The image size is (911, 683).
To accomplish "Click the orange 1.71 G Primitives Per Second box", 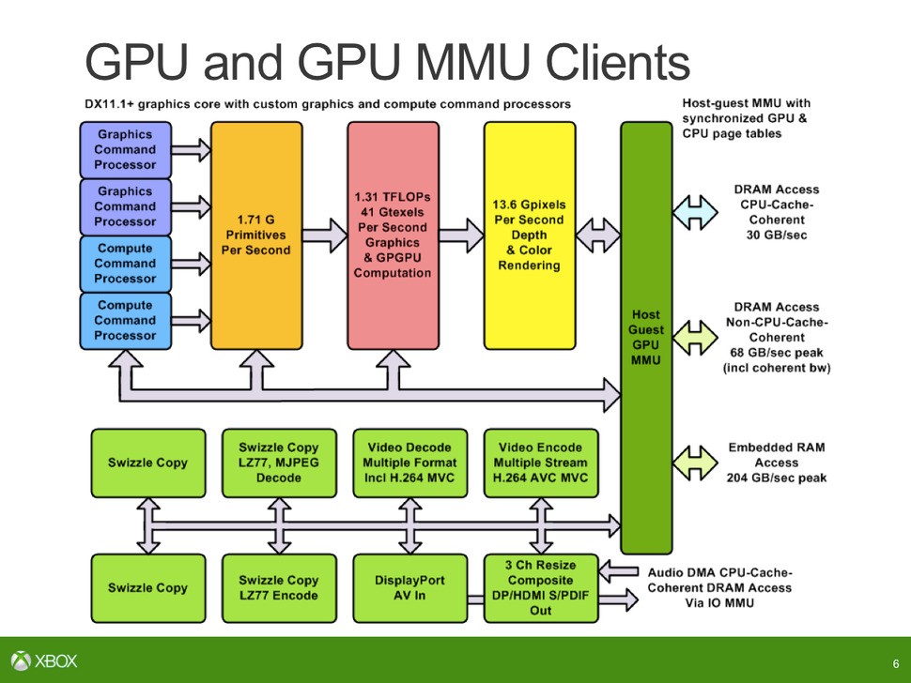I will tap(255, 235).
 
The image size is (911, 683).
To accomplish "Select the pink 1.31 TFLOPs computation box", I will tap(393, 235).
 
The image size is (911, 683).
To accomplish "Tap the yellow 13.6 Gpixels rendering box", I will tap(529, 235).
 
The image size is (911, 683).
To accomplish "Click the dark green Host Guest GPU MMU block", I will tap(646, 338).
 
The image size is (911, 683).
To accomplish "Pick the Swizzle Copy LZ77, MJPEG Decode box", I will tap(279, 463).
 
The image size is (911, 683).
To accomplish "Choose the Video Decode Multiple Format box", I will tap(409, 463).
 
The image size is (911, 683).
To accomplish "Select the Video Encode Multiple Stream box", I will tap(541, 463).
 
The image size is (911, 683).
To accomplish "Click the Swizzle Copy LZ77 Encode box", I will tap(279, 588).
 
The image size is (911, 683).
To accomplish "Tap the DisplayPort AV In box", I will tap(409, 588).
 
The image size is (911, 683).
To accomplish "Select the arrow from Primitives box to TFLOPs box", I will tap(325, 235).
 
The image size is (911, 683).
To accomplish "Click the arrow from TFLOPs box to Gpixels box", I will tap(461, 235).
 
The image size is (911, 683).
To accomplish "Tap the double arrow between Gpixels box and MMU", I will tap(597, 235).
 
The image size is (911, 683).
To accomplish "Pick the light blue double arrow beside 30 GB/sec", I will tap(696, 212).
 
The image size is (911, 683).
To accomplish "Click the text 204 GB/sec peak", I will tap(776, 478).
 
